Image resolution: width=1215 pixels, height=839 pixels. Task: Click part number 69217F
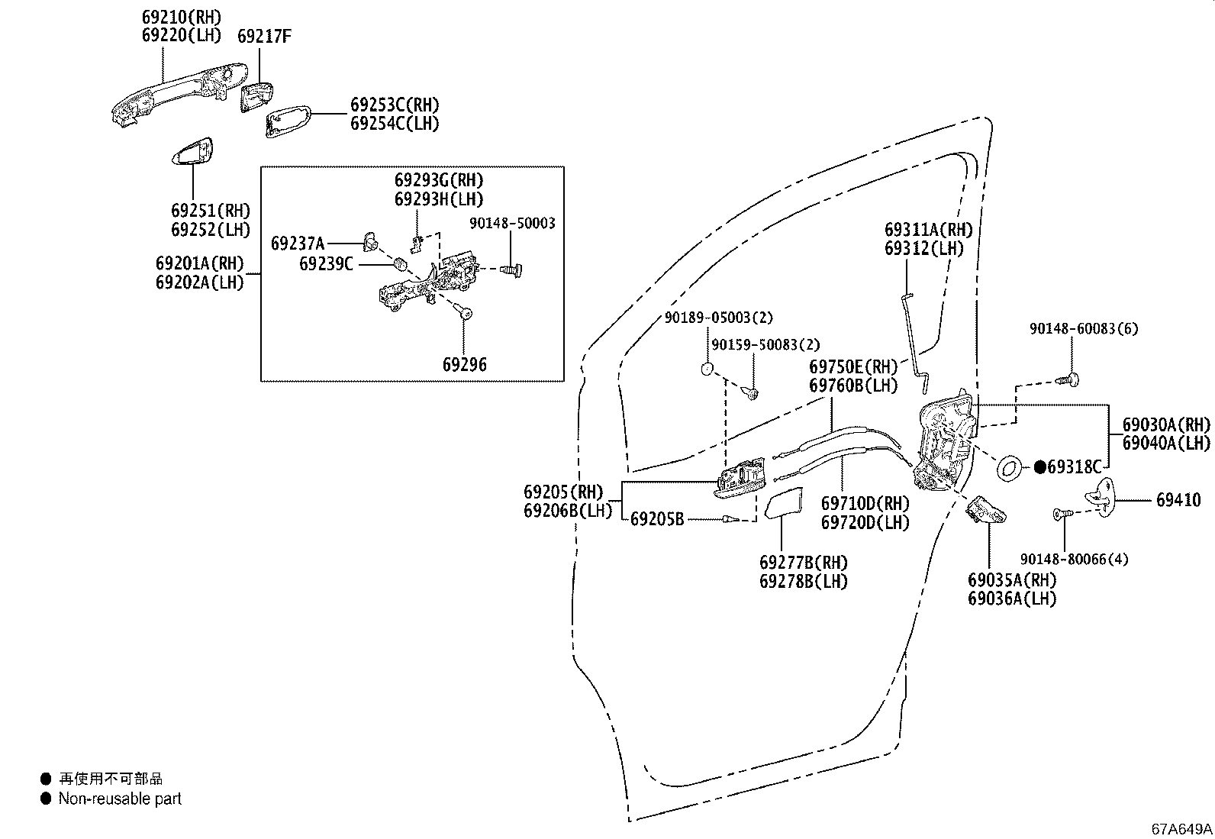[264, 36]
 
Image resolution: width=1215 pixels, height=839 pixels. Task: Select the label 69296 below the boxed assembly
[464, 365]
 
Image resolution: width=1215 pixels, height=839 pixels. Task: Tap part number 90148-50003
[512, 223]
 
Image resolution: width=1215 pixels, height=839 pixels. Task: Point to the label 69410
[1178, 500]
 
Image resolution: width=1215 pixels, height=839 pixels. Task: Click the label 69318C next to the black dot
[1075, 467]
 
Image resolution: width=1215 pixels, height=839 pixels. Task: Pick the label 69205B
[657, 520]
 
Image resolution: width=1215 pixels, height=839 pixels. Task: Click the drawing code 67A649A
[1181, 828]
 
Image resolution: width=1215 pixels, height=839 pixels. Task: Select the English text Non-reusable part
[120, 799]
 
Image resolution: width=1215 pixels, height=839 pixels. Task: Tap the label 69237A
[298, 244]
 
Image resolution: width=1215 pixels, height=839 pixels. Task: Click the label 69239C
[326, 264]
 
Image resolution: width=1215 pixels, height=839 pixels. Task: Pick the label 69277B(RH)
[804, 563]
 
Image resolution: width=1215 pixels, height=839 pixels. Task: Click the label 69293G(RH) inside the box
[439, 180]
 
